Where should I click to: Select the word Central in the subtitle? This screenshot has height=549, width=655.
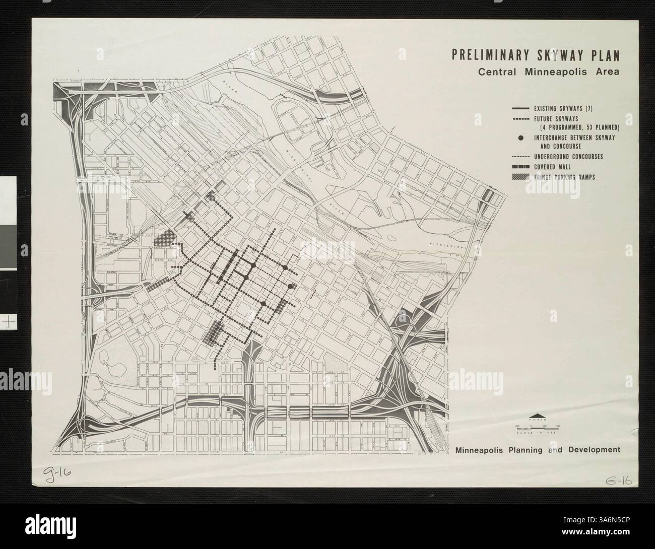tap(496, 71)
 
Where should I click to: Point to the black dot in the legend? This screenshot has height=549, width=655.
tap(520, 138)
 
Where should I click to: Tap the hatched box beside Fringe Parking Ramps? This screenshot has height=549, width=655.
tap(520, 177)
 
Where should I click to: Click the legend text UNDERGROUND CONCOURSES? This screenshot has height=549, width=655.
tap(568, 157)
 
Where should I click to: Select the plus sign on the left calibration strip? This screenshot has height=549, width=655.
tap(9, 321)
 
